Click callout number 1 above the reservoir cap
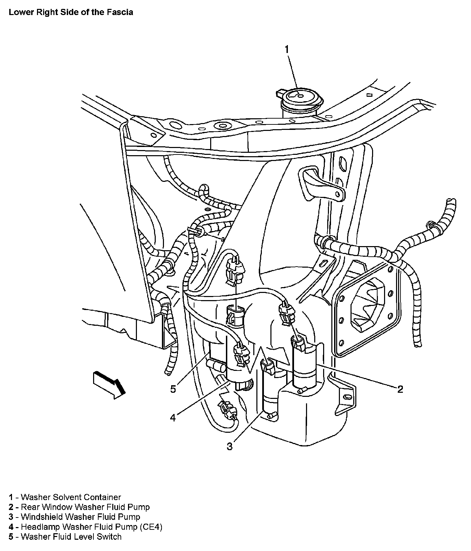pos(287,50)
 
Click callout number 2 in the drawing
pos(400,389)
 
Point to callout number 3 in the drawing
pos(229,446)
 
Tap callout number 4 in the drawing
pos(173,417)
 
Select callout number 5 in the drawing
pos(173,389)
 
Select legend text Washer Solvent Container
pos(71,497)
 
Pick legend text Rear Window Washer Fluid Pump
pos(85,507)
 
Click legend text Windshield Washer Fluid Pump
pos(80,517)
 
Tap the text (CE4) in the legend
pos(151,527)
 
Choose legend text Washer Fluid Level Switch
pos(71,537)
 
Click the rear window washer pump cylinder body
pos(305,366)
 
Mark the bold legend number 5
pos(11,537)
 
